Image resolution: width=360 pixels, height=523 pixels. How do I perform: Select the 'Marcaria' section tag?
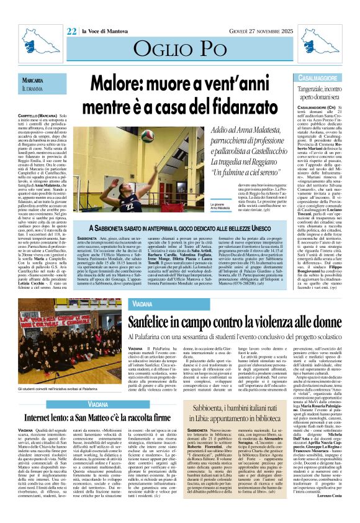tap(32, 80)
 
